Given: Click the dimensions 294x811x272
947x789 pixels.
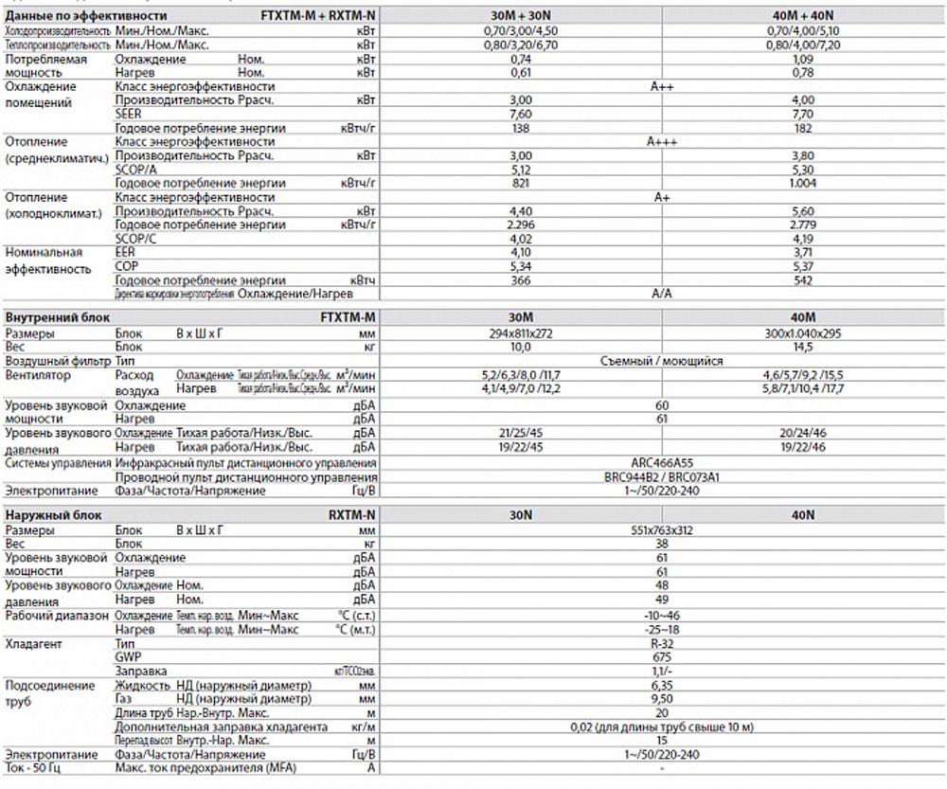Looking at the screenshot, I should point(517,334).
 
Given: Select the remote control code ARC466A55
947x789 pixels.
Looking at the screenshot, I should point(662,462).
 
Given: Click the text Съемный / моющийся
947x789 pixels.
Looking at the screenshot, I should point(662,362).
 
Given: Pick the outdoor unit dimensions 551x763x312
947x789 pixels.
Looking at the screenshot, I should point(662,530).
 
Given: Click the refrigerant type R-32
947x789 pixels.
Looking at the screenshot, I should point(662,643).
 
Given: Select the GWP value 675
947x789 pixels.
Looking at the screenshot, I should point(662,656).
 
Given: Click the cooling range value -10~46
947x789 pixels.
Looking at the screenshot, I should point(662,615).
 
